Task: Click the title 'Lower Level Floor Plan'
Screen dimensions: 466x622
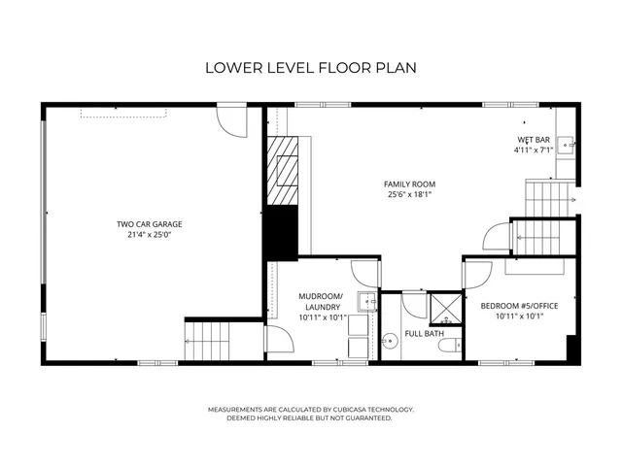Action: coord(310,68)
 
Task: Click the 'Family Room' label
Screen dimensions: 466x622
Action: coord(409,183)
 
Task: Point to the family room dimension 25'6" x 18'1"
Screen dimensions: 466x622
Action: coord(409,194)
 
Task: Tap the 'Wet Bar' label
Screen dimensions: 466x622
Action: coord(533,140)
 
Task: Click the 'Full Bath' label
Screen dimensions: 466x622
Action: coord(425,334)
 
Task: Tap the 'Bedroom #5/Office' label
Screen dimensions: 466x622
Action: coord(520,306)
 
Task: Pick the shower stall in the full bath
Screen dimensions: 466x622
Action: coord(445,309)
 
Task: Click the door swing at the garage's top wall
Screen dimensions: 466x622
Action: coord(232,121)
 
